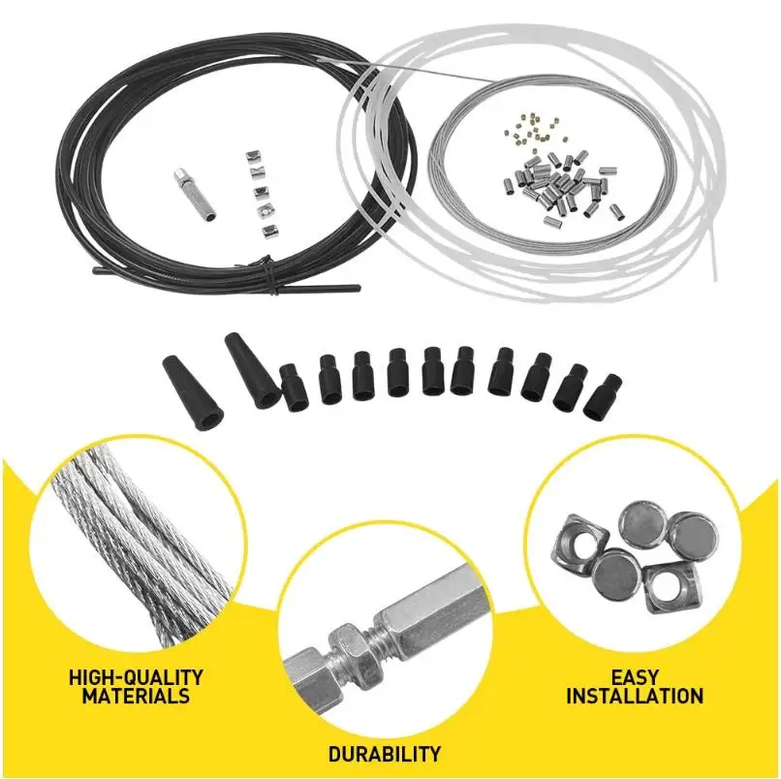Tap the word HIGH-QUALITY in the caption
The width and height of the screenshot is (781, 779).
pos(135,677)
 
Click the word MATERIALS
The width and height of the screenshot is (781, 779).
pos(135,696)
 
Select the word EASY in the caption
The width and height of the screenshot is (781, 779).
pos(635,677)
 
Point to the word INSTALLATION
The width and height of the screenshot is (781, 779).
pos(635,696)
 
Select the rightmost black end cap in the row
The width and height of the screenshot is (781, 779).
pos(601,396)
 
